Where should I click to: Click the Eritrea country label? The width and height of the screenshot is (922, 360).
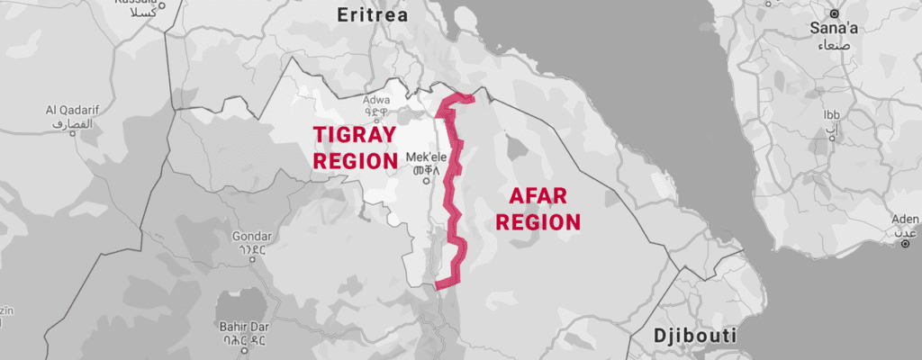click(x=372, y=15)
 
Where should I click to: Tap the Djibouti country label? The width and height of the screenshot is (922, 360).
click(x=695, y=337)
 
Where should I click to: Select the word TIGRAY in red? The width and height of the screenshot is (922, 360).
click(x=355, y=135)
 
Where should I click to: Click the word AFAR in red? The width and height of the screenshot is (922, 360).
click(x=543, y=194)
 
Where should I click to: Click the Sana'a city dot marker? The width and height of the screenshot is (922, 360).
click(x=835, y=14)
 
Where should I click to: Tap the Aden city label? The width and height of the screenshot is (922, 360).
click(x=903, y=219)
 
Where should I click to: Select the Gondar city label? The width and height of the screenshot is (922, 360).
click(x=251, y=237)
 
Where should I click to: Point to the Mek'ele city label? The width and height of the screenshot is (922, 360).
click(x=428, y=154)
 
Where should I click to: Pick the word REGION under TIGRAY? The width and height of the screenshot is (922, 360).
click(x=355, y=161)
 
